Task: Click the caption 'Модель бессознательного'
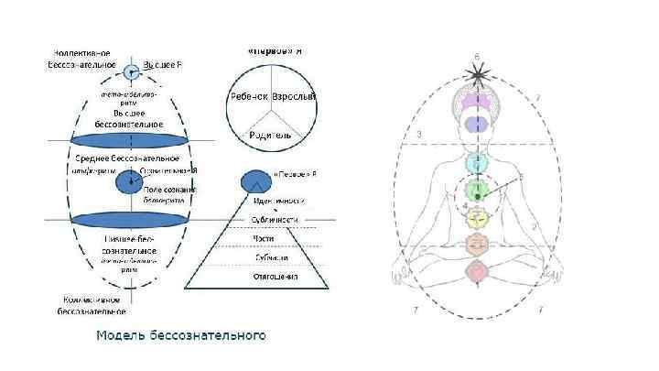(181, 335)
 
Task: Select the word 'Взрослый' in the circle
(295, 96)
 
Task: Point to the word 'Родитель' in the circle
(270, 135)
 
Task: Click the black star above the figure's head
(475, 70)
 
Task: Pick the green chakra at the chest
(475, 191)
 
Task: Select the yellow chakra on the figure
(475, 217)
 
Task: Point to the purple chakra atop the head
(475, 95)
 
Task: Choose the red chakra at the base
(475, 271)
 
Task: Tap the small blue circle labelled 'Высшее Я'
(132, 69)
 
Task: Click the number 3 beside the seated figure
(418, 136)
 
